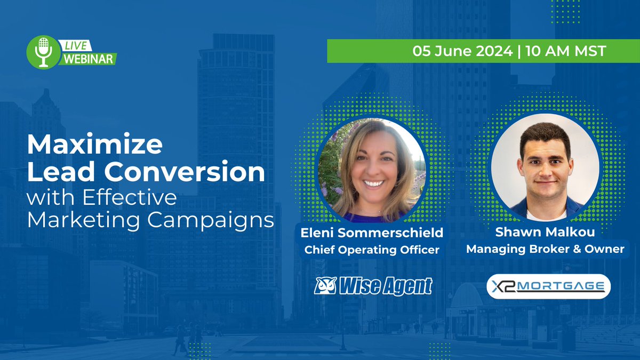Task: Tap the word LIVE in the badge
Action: pyautogui.click(x=77, y=46)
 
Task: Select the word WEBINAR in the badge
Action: pyautogui.click(x=88, y=59)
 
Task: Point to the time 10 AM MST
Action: pyautogui.click(x=566, y=52)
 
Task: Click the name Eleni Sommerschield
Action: pyautogui.click(x=372, y=234)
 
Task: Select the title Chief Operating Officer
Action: pyautogui.click(x=372, y=250)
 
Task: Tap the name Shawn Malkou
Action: pyautogui.click(x=545, y=234)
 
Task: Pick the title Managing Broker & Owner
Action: pyautogui.click(x=545, y=249)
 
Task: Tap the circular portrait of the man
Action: pyautogui.click(x=545, y=166)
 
